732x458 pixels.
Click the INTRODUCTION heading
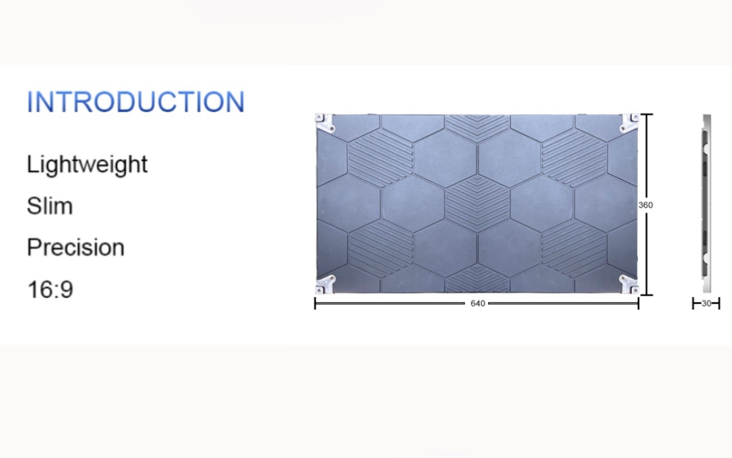coord(136,102)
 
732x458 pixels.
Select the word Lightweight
coord(87,165)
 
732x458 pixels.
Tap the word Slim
coord(50,206)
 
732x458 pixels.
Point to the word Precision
coord(75,247)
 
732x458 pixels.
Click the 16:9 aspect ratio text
coord(50,289)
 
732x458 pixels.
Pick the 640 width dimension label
coord(478,303)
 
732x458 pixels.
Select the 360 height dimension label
coord(646,205)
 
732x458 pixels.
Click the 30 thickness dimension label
coord(706,303)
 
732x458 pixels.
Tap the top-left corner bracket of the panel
coord(324,123)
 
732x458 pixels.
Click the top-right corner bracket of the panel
coord(630,123)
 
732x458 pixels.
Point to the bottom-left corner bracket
coord(324,285)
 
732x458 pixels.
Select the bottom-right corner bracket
coord(630,285)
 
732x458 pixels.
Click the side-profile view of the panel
coord(706,203)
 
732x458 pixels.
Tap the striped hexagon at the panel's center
coord(478,204)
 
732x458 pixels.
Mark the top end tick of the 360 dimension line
coord(647,114)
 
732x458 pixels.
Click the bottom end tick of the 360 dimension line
coord(647,295)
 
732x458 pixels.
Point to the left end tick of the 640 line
coord(315,303)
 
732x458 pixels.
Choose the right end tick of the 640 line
coord(638,303)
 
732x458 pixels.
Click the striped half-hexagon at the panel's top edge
coord(478,129)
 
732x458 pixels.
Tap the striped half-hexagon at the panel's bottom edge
coord(478,278)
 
